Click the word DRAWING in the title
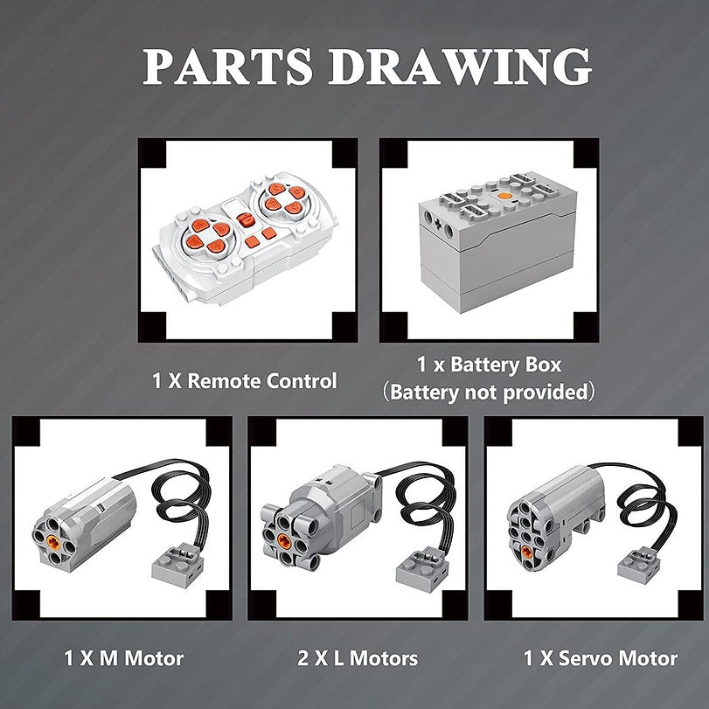(460, 67)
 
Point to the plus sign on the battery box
(438, 225)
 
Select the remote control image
(247, 237)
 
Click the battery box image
(497, 242)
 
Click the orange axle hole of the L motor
(284, 539)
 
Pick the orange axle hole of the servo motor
(527, 551)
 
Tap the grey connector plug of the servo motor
(639, 566)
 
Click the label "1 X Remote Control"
(245, 380)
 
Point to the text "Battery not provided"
(489, 392)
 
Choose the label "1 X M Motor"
(123, 658)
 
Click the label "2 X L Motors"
(358, 658)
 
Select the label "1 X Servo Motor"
(601, 658)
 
